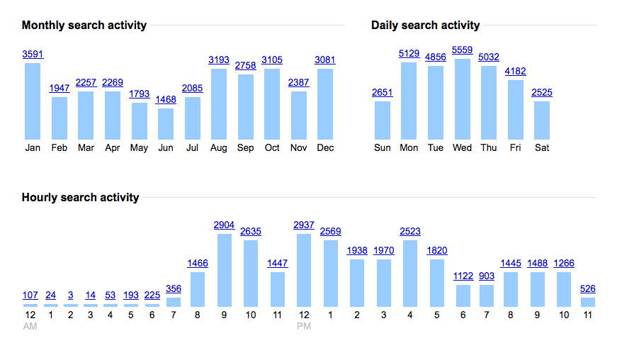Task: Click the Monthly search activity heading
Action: click(84, 26)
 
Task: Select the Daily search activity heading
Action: click(425, 26)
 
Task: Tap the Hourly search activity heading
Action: click(80, 198)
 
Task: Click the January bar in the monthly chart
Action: click(33, 101)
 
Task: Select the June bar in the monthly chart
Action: click(165, 123)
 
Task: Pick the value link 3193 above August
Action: click(219, 60)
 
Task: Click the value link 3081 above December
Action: click(325, 60)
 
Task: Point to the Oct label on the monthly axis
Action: click(272, 148)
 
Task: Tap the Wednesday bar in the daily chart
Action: click(462, 99)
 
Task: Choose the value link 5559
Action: click(462, 50)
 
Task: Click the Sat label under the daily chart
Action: click(542, 148)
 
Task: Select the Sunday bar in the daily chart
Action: click(382, 120)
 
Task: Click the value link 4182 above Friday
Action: click(515, 71)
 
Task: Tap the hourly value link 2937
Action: click(304, 225)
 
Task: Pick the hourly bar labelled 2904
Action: click(224, 270)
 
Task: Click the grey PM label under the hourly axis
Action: click(304, 327)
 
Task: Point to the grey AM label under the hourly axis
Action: click(30, 327)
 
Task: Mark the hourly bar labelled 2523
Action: click(410, 274)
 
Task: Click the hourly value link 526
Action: click(587, 288)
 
